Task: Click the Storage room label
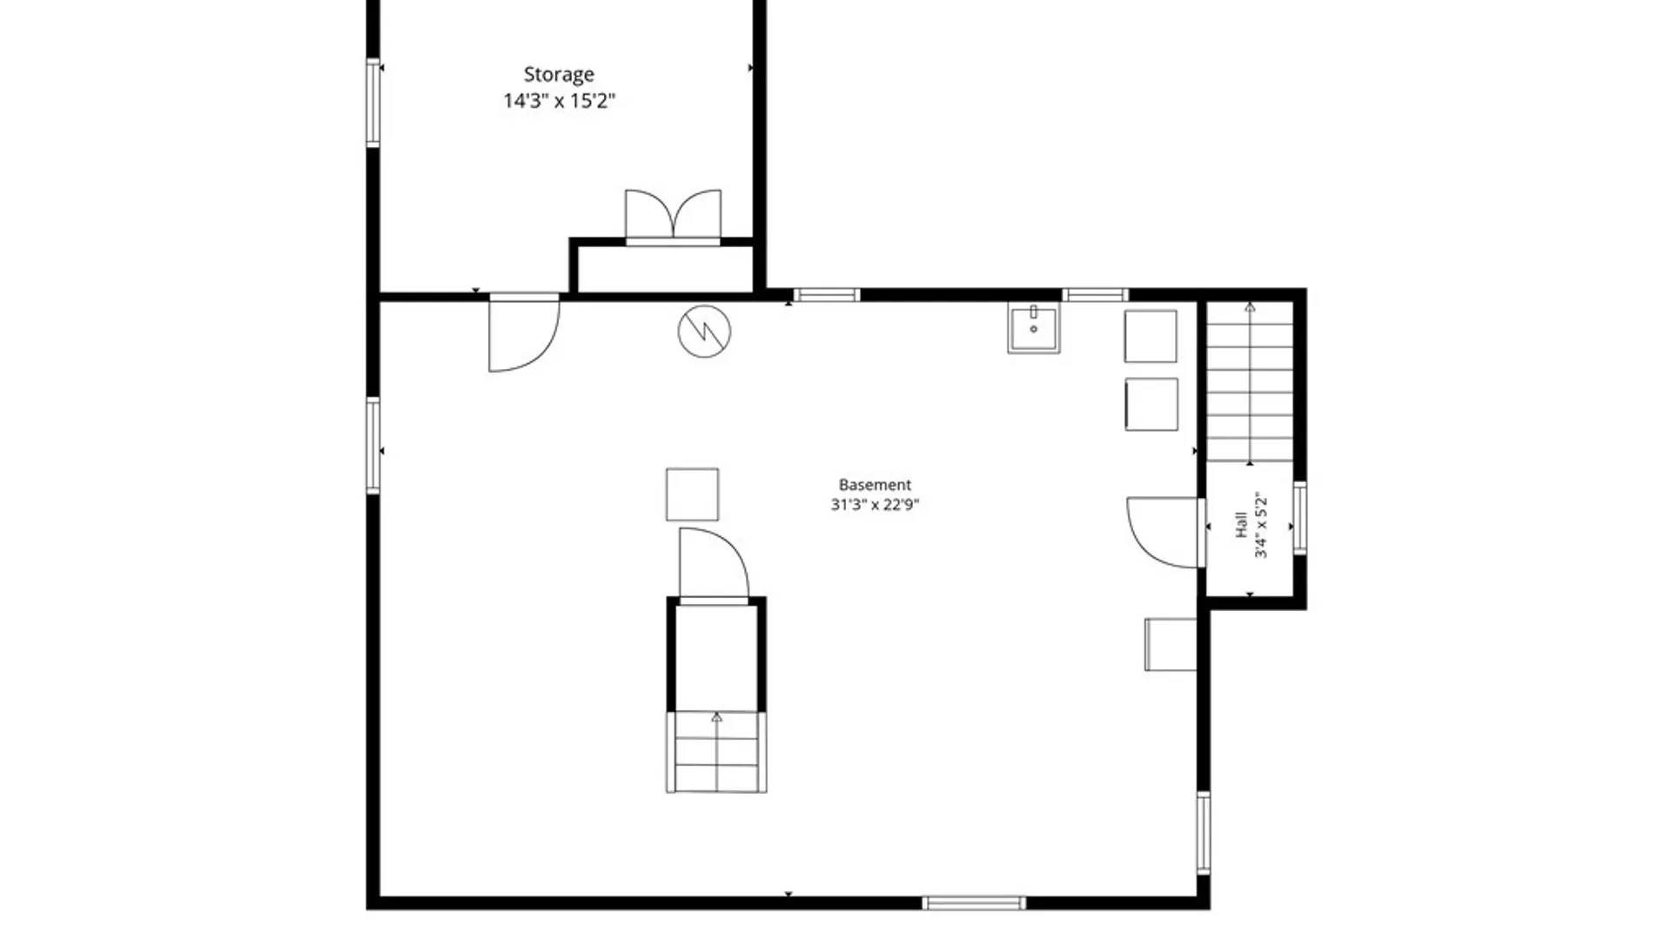(x=559, y=75)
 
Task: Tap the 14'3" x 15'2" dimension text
(x=559, y=101)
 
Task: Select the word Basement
(x=875, y=485)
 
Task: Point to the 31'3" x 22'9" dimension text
(x=875, y=505)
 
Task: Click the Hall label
(x=1241, y=525)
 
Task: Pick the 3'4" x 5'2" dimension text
(x=1261, y=525)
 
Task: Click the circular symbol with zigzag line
(x=704, y=332)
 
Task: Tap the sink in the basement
(x=1034, y=327)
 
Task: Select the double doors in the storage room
(x=673, y=216)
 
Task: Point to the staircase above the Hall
(x=1250, y=382)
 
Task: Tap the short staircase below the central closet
(x=716, y=752)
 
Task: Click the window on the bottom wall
(x=974, y=903)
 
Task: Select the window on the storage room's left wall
(x=373, y=102)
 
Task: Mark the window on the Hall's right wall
(x=1299, y=518)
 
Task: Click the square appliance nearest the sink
(x=1151, y=336)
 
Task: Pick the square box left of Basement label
(x=693, y=494)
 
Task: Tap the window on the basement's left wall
(x=373, y=446)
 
